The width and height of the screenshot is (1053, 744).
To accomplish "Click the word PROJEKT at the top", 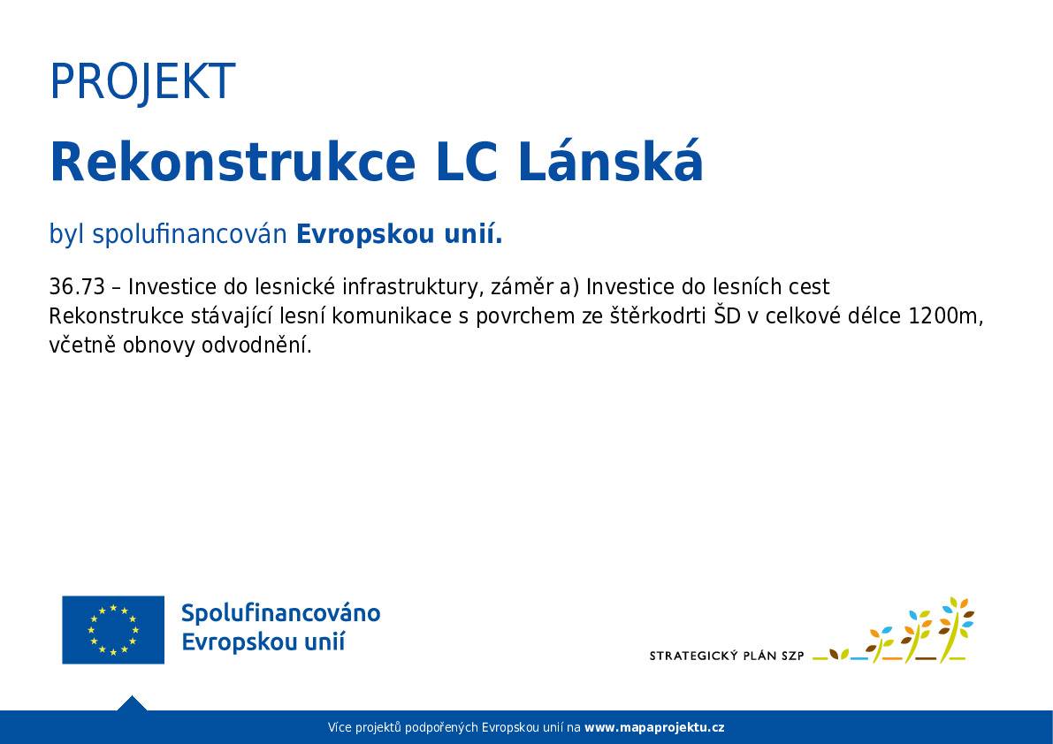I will pos(141,82).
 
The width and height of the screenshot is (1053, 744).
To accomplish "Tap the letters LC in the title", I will pos(465,163).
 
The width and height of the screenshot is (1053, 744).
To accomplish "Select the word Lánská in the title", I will pos(610,163).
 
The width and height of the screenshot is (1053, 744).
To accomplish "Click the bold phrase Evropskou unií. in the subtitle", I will pos(399,235).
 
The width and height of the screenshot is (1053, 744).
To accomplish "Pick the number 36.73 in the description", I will pos(77,287).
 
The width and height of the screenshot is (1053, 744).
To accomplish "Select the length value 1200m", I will pos(945,316).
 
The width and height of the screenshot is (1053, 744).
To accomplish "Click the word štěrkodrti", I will pos(651,316).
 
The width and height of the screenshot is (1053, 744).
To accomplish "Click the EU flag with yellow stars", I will pos(113,629).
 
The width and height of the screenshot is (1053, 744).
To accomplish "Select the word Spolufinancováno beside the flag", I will pos(280,613).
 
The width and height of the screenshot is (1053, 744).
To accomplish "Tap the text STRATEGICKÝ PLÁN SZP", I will pos(727,656).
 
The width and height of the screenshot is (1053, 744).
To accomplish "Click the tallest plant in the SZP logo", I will pos(954,629).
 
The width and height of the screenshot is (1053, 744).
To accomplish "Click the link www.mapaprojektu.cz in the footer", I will pos(654,728).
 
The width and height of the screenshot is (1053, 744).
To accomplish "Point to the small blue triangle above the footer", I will pos(132,703).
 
